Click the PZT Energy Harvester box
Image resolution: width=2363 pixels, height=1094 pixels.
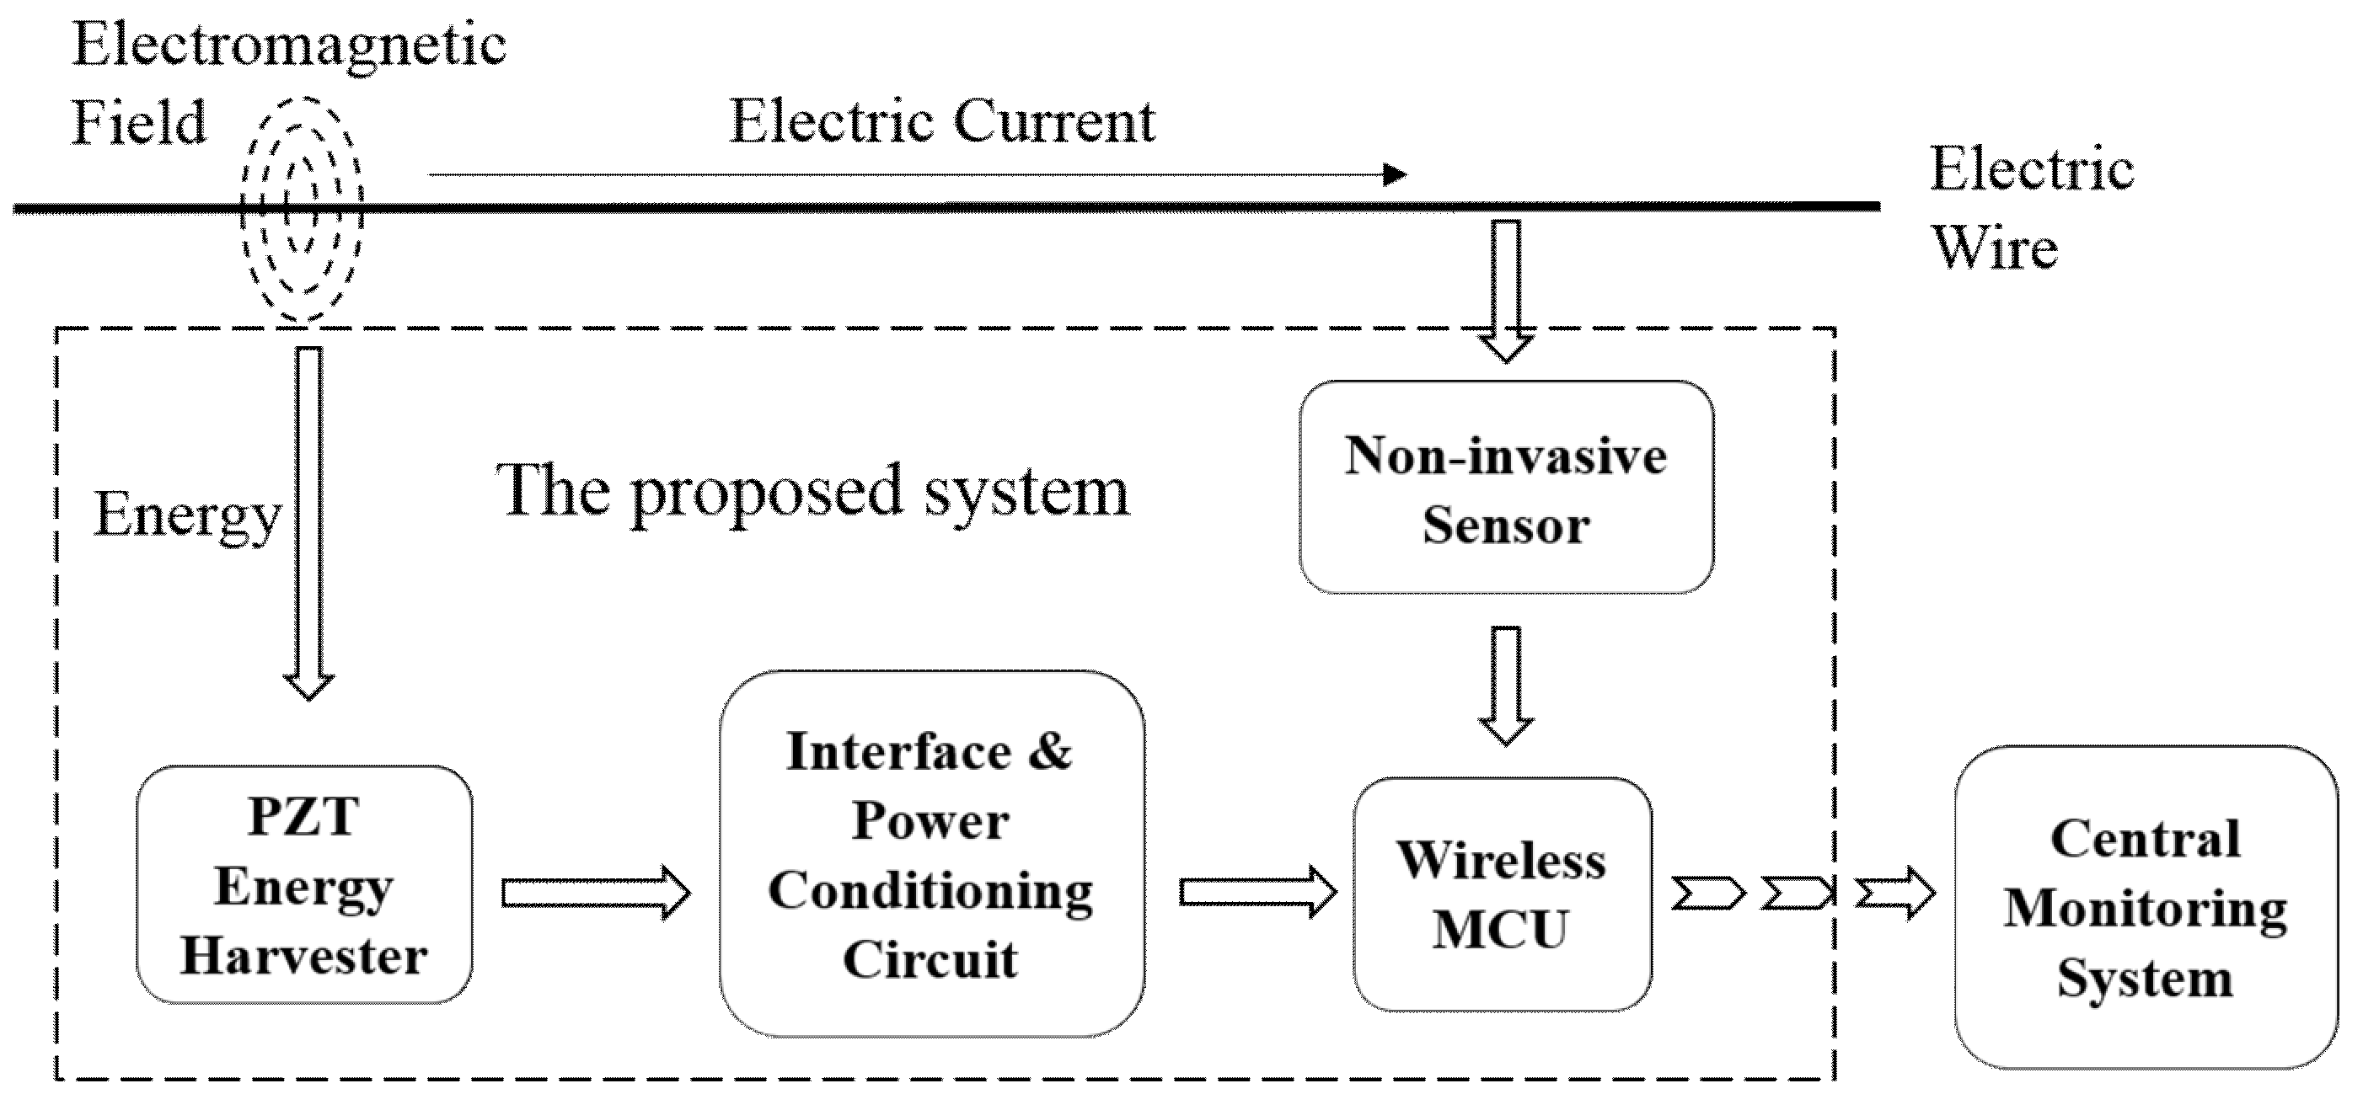[x=303, y=885]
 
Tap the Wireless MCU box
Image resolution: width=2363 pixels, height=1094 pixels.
[x=1502, y=894]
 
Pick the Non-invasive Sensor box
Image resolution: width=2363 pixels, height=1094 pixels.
[x=1505, y=488]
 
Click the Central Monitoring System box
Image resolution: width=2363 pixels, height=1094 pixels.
[x=2145, y=907]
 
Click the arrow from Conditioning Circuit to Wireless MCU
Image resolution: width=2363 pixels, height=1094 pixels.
[x=1256, y=891]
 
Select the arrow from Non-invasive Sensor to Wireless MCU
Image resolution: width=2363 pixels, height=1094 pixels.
[x=1505, y=685]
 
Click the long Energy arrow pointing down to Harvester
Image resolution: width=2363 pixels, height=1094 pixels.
[x=308, y=523]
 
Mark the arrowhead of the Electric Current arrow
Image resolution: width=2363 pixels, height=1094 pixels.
[x=1395, y=173]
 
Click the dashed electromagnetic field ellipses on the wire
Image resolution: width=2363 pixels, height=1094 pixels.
[x=302, y=210]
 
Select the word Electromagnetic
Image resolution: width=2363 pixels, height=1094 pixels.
[x=289, y=44]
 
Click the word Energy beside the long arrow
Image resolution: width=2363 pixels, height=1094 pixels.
[x=187, y=515]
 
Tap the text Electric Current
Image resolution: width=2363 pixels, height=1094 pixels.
[x=941, y=121]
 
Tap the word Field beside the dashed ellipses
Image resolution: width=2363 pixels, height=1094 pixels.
[x=138, y=122]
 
